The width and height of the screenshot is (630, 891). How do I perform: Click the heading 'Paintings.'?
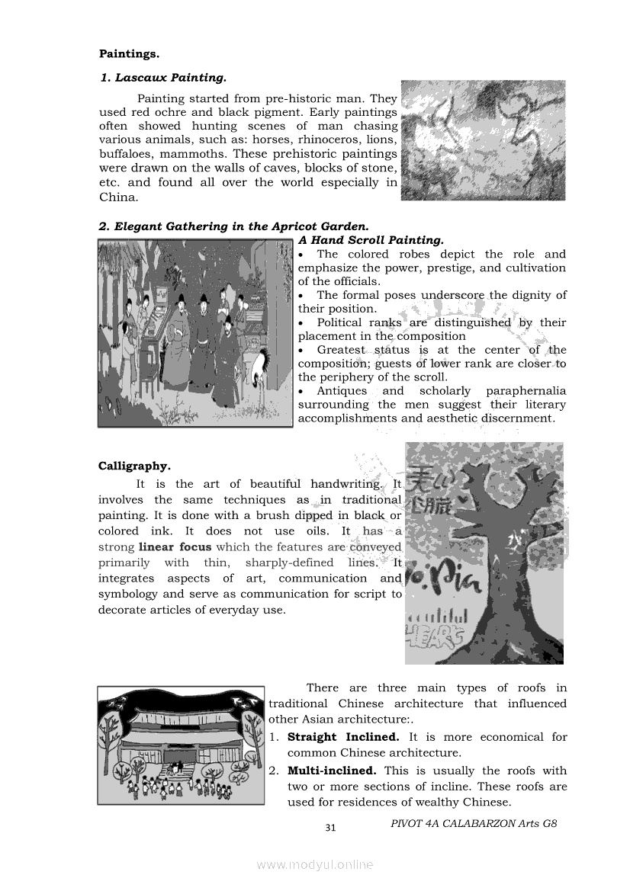click(x=129, y=54)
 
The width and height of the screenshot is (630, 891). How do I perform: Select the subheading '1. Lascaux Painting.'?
click(x=163, y=78)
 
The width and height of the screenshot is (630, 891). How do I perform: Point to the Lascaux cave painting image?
click(x=483, y=140)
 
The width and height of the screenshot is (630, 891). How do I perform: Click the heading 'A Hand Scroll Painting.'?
click(x=371, y=240)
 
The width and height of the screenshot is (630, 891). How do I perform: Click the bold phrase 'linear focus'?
click(x=175, y=547)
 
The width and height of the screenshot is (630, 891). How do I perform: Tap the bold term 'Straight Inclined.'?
click(x=342, y=737)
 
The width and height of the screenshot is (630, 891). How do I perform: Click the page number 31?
click(x=330, y=828)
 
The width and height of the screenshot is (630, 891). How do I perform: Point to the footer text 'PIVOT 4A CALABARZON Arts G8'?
click(x=474, y=823)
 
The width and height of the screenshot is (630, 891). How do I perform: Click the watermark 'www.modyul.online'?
click(x=315, y=864)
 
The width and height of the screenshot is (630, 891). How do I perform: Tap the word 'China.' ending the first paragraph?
click(x=118, y=197)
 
